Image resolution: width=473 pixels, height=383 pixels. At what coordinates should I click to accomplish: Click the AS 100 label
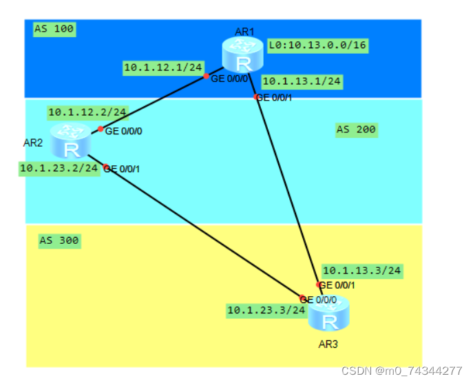pos(54,29)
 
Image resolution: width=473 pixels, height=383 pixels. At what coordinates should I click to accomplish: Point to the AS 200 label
pos(356,130)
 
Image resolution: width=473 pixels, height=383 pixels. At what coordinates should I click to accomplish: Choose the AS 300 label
pos(59,241)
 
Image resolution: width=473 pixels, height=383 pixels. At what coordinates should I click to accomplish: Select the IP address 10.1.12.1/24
pos(162,68)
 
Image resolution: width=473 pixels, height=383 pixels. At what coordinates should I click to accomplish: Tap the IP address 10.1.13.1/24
pos(302,81)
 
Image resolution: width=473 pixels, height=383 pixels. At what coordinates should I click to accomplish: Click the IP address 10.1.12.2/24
pos(87,112)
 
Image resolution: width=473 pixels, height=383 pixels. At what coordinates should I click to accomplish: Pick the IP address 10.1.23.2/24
pos(59,167)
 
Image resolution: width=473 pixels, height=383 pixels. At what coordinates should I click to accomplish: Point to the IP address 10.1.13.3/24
pos(361,271)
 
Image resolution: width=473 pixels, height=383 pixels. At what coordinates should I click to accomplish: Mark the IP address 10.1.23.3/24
pos(266,310)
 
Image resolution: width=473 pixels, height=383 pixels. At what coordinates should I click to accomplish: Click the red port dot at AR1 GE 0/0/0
pos(206,76)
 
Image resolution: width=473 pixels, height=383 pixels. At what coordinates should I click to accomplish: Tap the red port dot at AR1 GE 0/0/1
pos(256,97)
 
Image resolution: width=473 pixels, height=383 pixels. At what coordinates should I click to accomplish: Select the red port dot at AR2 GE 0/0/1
pos(106,167)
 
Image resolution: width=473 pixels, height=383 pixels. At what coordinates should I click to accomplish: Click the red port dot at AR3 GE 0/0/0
pos(302,298)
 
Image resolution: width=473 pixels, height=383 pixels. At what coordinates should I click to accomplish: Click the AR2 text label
pos(33,143)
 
